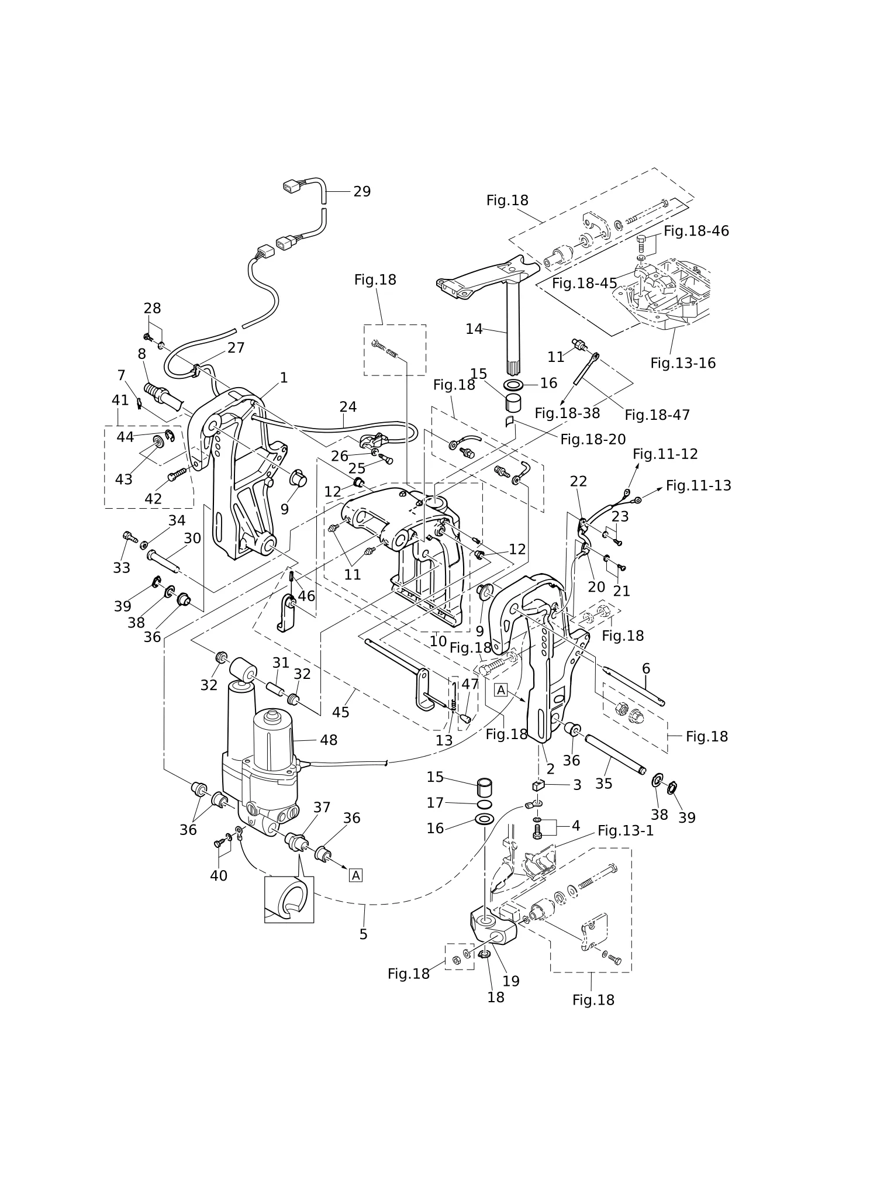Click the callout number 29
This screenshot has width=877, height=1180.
pyautogui.click(x=362, y=192)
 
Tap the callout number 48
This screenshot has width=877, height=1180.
pyautogui.click(x=329, y=740)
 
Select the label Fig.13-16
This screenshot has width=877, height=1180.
pyautogui.click(x=683, y=363)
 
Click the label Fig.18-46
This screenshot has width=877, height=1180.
pyautogui.click(x=696, y=231)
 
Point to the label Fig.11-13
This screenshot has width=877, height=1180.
pyautogui.click(x=699, y=485)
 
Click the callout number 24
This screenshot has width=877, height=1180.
pyautogui.click(x=348, y=407)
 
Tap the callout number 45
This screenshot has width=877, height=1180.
pyautogui.click(x=340, y=712)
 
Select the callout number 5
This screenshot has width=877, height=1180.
pyautogui.click(x=363, y=934)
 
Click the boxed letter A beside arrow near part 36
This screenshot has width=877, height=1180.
pyautogui.click(x=355, y=875)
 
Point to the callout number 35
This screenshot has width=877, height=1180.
pyautogui.click(x=603, y=784)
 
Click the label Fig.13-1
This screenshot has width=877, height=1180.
pyautogui.click(x=626, y=831)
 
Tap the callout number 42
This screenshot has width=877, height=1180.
pyautogui.click(x=153, y=499)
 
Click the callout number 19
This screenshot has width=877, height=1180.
pyautogui.click(x=511, y=981)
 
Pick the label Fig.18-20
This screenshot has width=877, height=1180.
pyautogui.click(x=593, y=439)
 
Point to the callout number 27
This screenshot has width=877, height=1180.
pyautogui.click(x=236, y=348)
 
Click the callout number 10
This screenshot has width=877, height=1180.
pyautogui.click(x=438, y=641)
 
